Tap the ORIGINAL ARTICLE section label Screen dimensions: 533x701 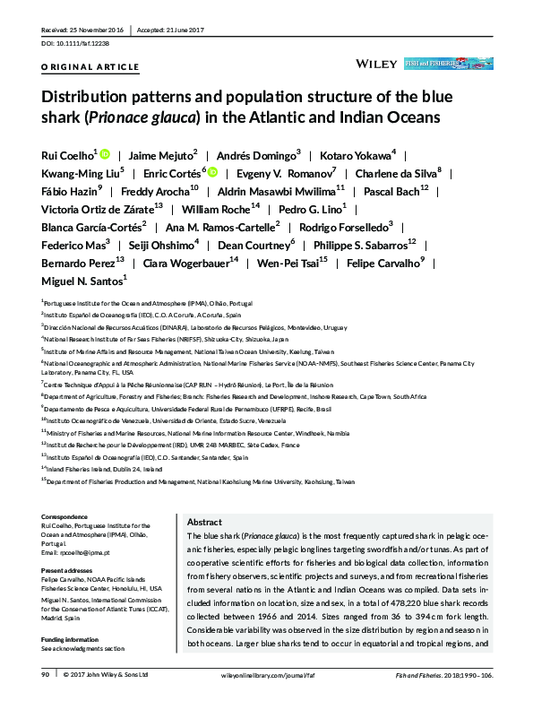pos(90,67)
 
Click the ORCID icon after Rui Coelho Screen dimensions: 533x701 pos(104,155)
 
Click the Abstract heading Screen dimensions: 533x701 pos(204,522)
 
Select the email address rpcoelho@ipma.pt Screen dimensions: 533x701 pos(80,553)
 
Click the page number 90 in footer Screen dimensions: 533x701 pos(46,673)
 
